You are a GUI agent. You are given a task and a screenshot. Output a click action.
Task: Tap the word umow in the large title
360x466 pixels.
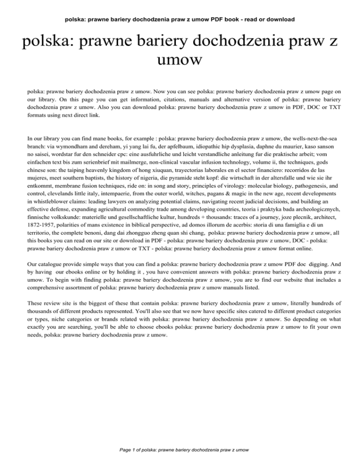(x=180, y=60)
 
